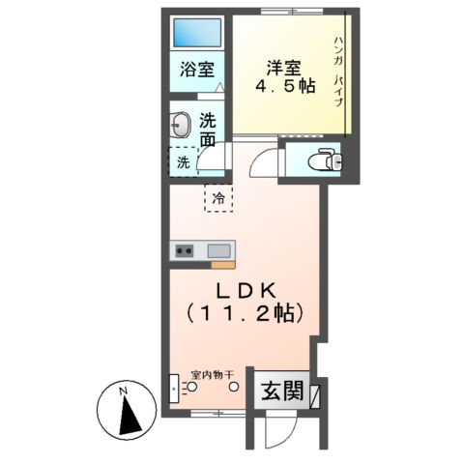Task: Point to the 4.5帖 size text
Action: tap(284, 87)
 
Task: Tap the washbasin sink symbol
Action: tap(181, 126)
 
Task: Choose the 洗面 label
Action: tap(208, 130)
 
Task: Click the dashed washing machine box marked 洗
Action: tap(183, 161)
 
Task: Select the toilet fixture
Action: tap(320, 159)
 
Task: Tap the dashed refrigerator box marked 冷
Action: tap(217, 198)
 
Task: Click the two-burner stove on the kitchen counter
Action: tap(183, 250)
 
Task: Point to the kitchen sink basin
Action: tap(218, 250)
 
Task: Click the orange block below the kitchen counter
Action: tap(223, 264)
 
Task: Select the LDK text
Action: tap(246, 289)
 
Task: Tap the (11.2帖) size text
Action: tap(246, 313)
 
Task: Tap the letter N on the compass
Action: tap(123, 391)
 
